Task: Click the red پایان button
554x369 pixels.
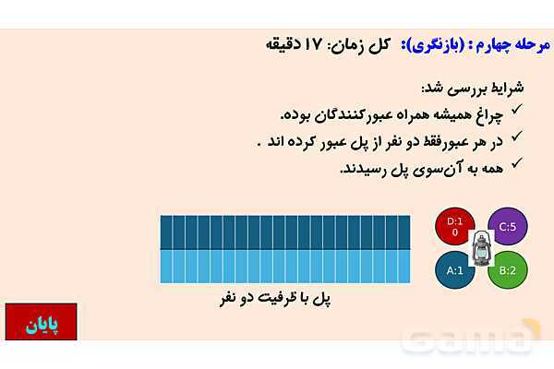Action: (41, 324)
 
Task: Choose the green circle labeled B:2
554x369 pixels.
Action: (507, 270)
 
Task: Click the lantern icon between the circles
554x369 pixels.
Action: (480, 249)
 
